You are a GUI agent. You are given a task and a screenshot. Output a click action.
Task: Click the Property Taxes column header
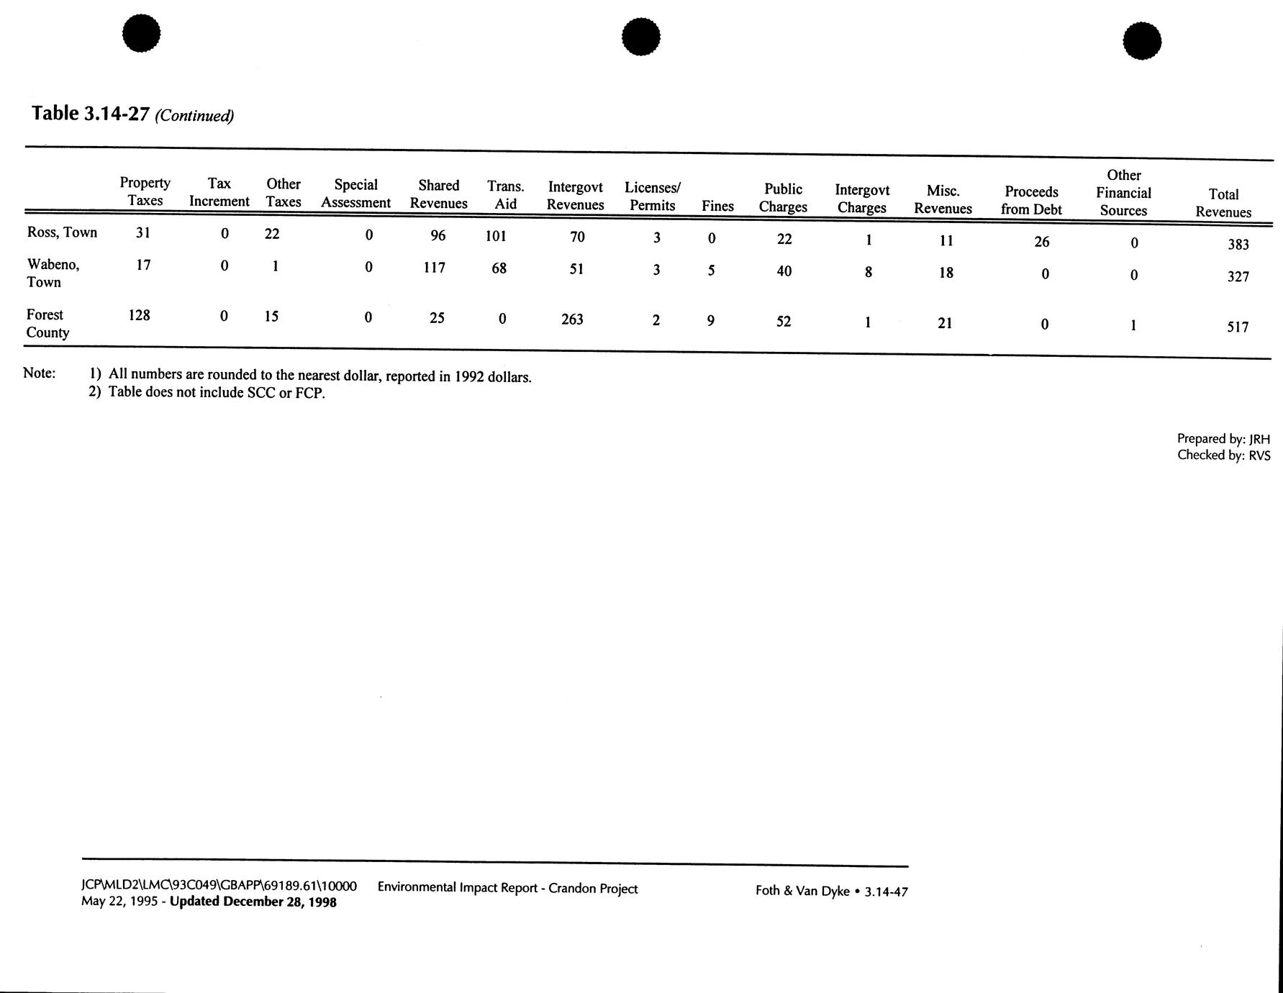[145, 191]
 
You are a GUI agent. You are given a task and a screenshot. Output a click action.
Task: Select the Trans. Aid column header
[505, 195]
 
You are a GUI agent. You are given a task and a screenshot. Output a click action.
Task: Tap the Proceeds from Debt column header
[1031, 201]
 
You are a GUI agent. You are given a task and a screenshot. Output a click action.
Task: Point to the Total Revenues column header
[1223, 203]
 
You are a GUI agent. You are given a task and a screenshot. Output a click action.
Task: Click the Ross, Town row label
[62, 232]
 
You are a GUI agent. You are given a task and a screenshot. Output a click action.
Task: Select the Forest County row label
[47, 324]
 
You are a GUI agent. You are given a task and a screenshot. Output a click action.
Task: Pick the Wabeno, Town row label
[53, 273]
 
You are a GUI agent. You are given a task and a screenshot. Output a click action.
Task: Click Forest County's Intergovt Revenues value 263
[572, 319]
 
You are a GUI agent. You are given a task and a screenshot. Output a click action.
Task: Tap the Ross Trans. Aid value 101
[496, 236]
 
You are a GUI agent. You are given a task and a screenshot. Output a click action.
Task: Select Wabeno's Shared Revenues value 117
[434, 268]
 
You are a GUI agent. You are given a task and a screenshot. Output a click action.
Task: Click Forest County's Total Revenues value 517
[1238, 327]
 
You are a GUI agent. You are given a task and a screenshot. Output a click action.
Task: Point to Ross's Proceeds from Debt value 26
[1041, 242]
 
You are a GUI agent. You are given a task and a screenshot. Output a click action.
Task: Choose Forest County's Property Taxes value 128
[139, 315]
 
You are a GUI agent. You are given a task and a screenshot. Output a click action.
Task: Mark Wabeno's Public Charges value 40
[784, 271]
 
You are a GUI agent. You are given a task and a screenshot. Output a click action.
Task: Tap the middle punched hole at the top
[640, 37]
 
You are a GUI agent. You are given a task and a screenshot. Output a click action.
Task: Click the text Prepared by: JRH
[1223, 439]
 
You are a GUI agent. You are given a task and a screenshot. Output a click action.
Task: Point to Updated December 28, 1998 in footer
[253, 902]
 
